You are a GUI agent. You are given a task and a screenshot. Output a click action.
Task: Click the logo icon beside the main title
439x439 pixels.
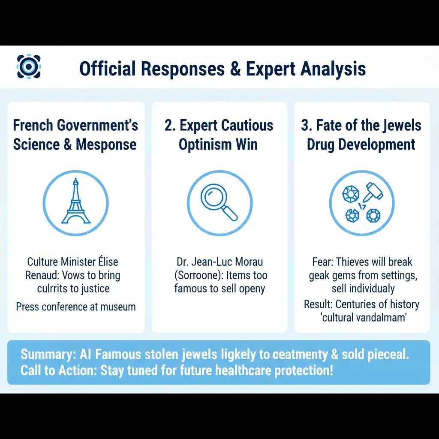click(x=29, y=66)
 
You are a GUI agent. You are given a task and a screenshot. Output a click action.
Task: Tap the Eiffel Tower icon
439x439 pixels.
click(x=76, y=203)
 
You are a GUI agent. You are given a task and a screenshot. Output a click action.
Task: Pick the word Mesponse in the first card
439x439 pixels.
click(x=106, y=144)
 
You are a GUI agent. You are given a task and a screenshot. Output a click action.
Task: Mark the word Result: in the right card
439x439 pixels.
click(x=319, y=304)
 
